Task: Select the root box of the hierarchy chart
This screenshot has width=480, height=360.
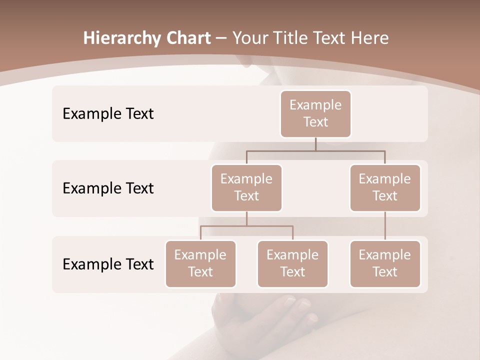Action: tap(315, 113)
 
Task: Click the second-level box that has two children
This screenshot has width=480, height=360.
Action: tap(246, 187)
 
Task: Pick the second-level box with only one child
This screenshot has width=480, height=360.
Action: tap(385, 187)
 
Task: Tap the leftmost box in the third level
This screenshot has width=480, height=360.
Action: tap(200, 263)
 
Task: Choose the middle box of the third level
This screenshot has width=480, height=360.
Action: tap(292, 263)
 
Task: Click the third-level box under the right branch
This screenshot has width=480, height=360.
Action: tap(385, 263)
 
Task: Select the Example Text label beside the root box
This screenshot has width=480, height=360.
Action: tap(108, 113)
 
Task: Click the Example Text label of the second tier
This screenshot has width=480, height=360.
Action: tap(108, 188)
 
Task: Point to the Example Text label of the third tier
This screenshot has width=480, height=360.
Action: tap(108, 264)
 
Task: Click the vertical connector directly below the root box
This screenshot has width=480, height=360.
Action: tap(315, 144)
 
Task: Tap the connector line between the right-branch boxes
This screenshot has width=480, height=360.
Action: tap(385, 226)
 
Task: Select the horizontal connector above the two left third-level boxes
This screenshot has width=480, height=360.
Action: tap(246, 226)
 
